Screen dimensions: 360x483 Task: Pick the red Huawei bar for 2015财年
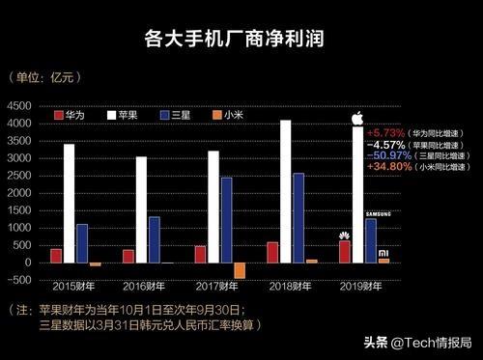coord(56,255)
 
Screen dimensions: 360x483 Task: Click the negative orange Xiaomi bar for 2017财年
coord(240,270)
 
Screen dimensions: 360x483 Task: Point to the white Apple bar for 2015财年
coord(69,203)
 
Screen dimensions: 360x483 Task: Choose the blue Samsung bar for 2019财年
coord(371,240)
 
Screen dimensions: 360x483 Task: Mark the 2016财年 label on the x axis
coord(141,286)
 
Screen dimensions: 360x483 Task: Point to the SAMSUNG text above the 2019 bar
coord(378,212)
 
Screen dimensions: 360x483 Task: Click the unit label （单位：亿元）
coord(40,76)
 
